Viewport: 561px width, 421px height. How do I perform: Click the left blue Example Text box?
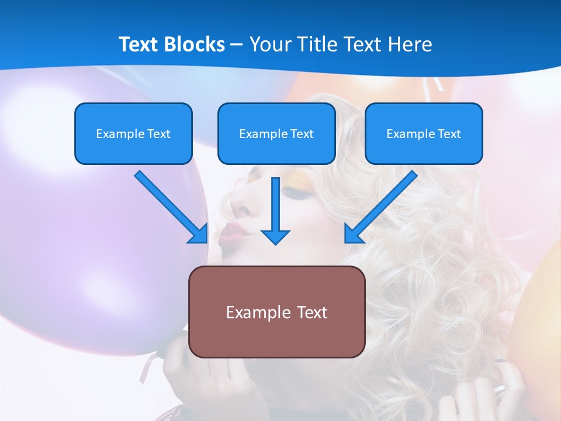click(133, 133)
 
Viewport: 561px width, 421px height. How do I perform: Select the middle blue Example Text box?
click(276, 133)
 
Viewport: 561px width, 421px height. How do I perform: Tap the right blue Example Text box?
click(424, 133)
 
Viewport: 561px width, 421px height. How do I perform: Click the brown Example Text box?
click(276, 312)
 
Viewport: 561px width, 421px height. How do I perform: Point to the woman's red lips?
click(233, 232)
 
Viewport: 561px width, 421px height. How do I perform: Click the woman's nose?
click(239, 202)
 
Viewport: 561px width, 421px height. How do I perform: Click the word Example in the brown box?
click(253, 312)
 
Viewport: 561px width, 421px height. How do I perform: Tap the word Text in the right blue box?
click(449, 133)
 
